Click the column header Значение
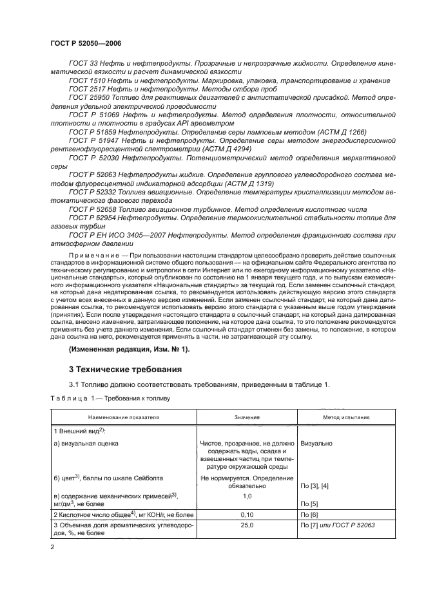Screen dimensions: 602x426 click(247, 417)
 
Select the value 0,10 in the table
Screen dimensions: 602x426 click(247, 515)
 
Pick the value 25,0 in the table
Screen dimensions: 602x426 click(247, 525)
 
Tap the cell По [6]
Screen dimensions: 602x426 click(310, 515)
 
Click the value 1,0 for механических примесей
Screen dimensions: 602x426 click(247, 496)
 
